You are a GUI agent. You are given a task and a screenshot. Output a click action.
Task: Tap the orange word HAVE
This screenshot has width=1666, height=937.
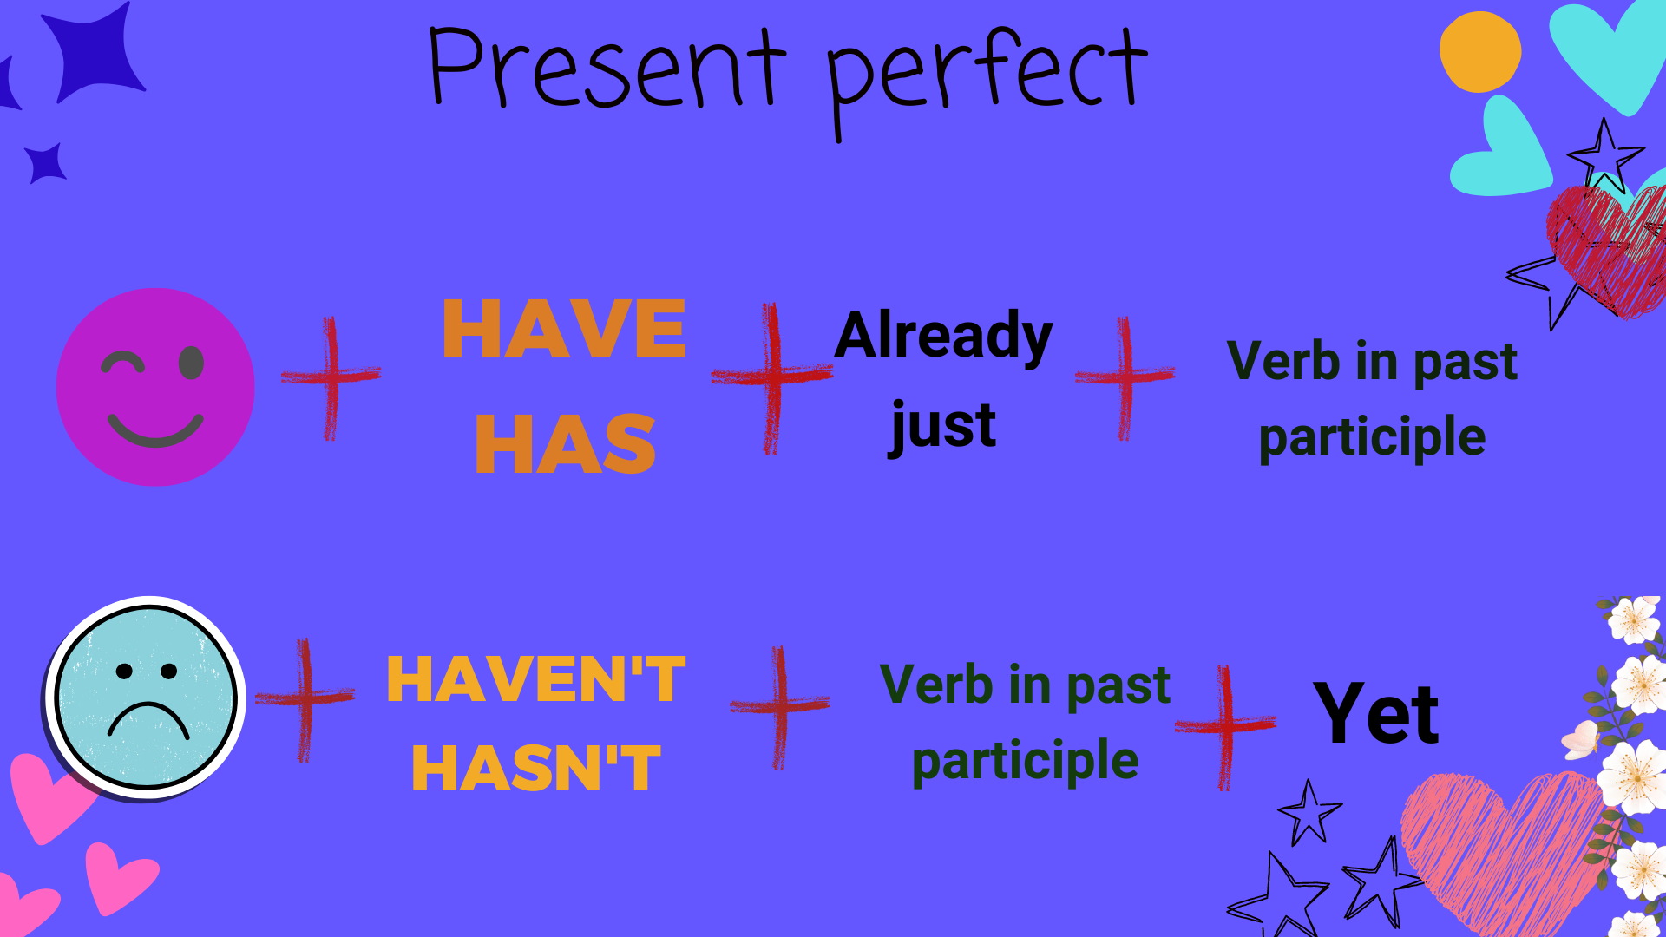(564, 329)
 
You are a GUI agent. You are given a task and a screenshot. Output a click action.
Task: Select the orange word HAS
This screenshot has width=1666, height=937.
(565, 443)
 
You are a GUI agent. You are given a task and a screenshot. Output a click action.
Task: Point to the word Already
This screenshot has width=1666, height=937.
(943, 337)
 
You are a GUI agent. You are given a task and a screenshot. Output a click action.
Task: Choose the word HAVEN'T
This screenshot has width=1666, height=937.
(535, 678)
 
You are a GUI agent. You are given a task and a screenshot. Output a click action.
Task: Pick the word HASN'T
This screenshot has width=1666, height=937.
(535, 768)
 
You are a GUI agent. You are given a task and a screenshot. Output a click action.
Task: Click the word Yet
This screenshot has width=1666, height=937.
(1376, 713)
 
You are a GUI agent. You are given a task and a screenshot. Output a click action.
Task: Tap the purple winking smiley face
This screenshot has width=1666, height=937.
(155, 387)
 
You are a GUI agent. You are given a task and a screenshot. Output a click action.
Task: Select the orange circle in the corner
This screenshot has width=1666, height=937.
(1480, 52)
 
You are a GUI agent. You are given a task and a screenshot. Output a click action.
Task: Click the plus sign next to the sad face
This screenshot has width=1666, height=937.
(305, 698)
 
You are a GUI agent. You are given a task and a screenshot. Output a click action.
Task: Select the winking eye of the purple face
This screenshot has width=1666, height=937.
(122, 362)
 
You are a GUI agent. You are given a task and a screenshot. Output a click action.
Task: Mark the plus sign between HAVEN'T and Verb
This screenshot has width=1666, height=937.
(780, 706)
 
